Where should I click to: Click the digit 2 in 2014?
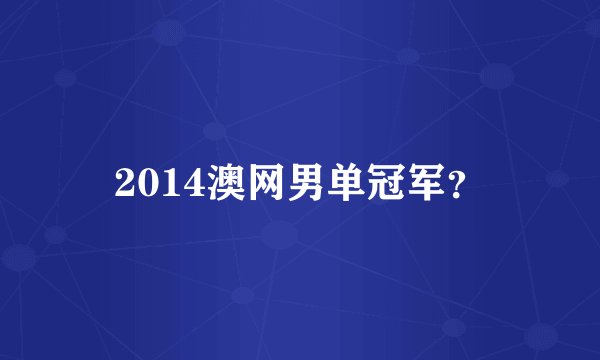(x=126, y=181)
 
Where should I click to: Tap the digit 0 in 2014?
(x=148, y=181)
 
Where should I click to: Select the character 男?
(x=310, y=181)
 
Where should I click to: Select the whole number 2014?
(x=158, y=181)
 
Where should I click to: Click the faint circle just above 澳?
(x=213, y=130)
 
